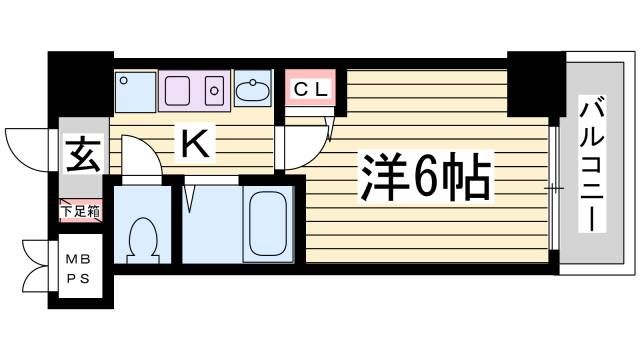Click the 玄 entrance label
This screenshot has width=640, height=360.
[x=82, y=157]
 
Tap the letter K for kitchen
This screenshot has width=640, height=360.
[x=195, y=146]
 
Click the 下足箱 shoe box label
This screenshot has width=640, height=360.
[x=79, y=211]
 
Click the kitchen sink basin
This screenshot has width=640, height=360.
[x=181, y=90]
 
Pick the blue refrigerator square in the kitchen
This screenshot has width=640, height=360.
[x=134, y=90]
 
